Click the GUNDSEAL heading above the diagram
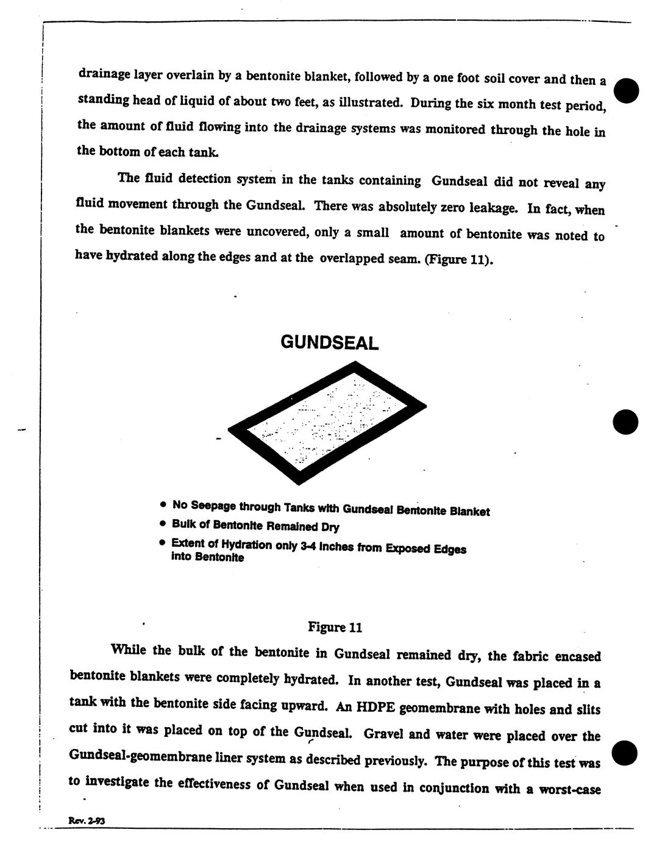click(329, 342)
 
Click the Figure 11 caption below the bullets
click(335, 626)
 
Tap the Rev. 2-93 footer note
click(87, 820)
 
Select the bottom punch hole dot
click(625, 753)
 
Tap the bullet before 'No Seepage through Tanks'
click(163, 505)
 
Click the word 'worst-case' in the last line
click(571, 789)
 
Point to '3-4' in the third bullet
click(309, 546)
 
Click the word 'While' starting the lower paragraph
click(129, 650)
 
